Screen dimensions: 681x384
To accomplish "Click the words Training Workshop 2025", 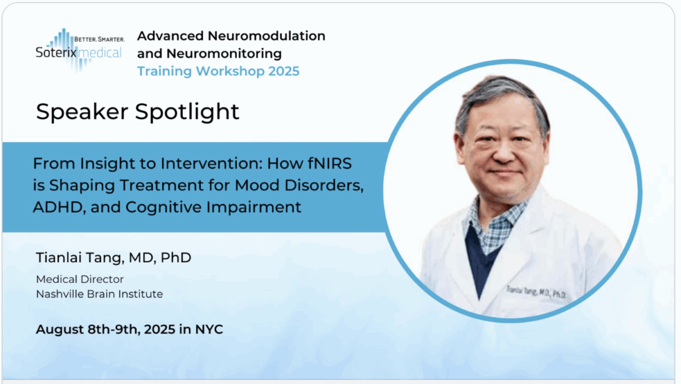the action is click(x=218, y=71).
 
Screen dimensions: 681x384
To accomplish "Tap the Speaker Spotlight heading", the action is click(x=137, y=112).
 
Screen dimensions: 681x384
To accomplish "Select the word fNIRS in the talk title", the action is click(x=330, y=163).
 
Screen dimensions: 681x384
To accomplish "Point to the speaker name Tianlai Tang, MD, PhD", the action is click(x=113, y=258).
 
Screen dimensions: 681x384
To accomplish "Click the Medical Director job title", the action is click(x=80, y=279).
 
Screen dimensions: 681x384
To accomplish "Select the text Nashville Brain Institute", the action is click(x=100, y=294).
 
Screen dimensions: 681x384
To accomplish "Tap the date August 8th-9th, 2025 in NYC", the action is click(x=130, y=330).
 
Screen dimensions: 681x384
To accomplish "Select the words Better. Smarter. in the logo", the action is click(x=100, y=39).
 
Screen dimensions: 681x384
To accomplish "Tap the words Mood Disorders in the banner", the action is click(x=299, y=186).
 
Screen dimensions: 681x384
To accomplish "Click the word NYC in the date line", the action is click(x=209, y=330).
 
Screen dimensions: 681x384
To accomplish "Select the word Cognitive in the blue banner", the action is click(x=164, y=207).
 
